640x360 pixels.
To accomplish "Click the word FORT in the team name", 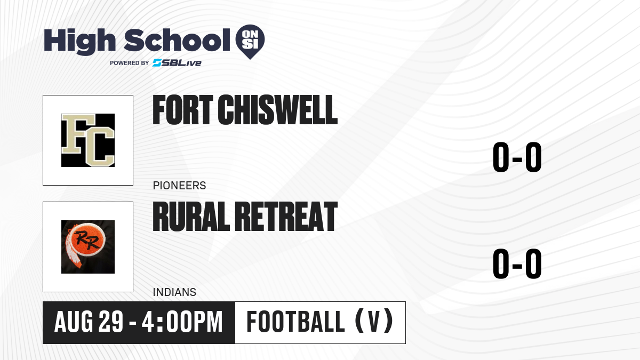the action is coord(183,110).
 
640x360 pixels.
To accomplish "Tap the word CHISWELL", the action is coord(277,110).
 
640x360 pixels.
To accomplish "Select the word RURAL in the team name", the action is coord(191,217).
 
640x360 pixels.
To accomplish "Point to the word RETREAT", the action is coord(286,217).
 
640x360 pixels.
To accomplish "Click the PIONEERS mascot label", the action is coord(179,186).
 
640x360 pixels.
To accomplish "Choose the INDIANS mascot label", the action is coord(174,292).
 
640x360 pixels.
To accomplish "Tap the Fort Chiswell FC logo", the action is coord(88,140).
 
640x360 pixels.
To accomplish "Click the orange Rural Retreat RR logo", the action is coord(88,247).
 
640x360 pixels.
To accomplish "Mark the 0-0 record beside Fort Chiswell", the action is coord(517,157).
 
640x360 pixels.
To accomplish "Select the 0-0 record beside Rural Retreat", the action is coord(517,263).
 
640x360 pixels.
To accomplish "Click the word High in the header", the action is coord(79,41).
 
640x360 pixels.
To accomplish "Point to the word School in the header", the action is coord(177,39).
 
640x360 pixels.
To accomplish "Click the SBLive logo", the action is coord(177,63).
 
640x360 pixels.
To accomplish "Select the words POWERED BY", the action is coord(130,63).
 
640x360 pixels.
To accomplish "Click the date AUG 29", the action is coord(89,322).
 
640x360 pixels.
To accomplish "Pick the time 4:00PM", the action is coord(182,322).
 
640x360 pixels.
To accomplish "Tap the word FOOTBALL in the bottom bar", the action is coord(295,322).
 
